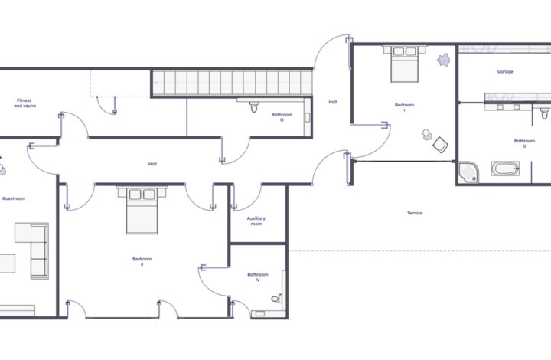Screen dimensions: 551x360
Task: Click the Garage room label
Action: tap(505, 72)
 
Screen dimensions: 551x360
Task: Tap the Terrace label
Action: tap(415, 213)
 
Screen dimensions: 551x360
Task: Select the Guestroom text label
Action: tap(14, 198)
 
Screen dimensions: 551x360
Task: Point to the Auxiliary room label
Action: tap(256, 221)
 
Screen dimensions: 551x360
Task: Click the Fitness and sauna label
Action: tap(24, 103)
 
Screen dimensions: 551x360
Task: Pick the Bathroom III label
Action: tap(282, 117)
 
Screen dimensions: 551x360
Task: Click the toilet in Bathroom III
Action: tap(254, 107)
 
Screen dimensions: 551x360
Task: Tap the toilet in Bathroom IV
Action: tap(276, 299)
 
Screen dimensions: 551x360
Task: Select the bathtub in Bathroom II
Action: tap(505, 169)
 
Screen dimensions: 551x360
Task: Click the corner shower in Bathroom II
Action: tap(468, 172)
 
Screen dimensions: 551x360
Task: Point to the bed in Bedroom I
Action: tap(405, 64)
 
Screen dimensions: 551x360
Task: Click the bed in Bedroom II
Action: tap(142, 210)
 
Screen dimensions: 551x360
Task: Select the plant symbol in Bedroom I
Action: tap(443, 60)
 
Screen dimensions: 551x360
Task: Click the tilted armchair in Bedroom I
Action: tap(440, 145)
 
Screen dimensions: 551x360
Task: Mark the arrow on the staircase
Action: tap(156, 83)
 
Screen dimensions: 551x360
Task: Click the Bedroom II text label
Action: tap(142, 261)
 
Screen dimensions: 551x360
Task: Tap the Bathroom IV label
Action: tap(258, 277)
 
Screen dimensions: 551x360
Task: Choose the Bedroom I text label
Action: tap(405, 107)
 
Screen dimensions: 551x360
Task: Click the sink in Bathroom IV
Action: tap(260, 313)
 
